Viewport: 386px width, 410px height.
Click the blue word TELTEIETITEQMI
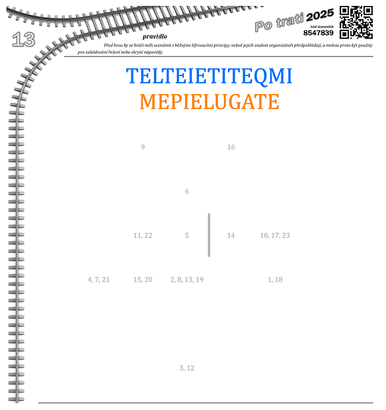[x=209, y=76]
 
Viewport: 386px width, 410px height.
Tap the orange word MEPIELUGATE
[x=210, y=101]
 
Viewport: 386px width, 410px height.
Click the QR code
[x=356, y=23]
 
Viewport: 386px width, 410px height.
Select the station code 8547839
[x=318, y=33]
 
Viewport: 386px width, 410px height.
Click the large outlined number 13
[x=24, y=39]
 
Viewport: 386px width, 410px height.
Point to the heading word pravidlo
[x=155, y=36]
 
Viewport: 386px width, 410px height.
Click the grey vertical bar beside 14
[x=209, y=235]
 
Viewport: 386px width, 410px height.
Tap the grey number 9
[x=143, y=147]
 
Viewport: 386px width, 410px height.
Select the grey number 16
[x=231, y=147]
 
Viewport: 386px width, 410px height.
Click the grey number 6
[x=187, y=191]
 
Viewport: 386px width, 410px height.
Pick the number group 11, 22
[x=143, y=235]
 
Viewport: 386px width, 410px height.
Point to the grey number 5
[x=187, y=235]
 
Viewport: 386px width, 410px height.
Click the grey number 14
[x=231, y=235]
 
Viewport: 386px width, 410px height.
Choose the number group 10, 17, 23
[x=275, y=235]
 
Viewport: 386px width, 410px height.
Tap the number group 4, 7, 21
[x=99, y=280]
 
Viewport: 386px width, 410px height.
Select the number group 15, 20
[x=143, y=280]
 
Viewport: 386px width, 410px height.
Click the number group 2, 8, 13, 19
[x=187, y=280]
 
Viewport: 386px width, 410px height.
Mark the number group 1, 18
[x=275, y=280]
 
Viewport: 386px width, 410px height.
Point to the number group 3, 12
[x=187, y=368]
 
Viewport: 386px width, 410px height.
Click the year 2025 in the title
[x=320, y=15]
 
